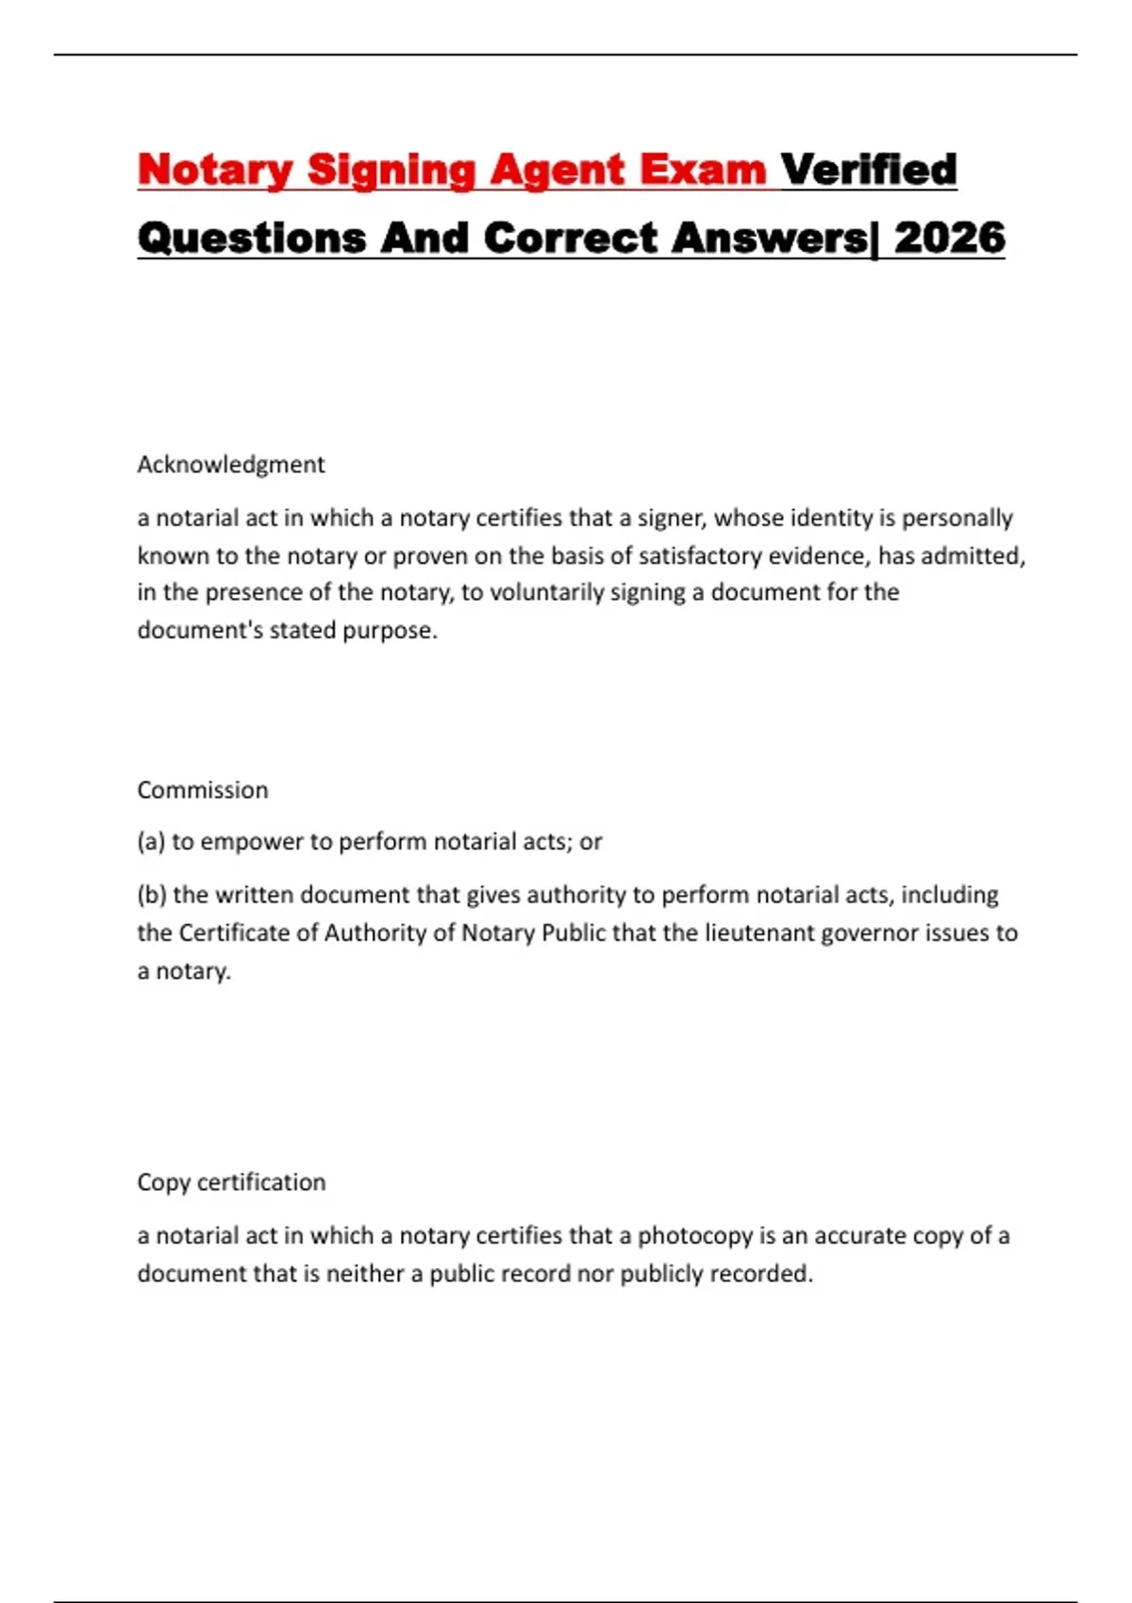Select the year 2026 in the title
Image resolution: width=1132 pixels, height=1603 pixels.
pyautogui.click(x=950, y=239)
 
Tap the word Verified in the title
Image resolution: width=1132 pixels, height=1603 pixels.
pyautogui.click(x=869, y=171)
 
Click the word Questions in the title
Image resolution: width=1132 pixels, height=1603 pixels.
pyautogui.click(x=252, y=239)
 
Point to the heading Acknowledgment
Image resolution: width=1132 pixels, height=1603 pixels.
pyautogui.click(x=231, y=464)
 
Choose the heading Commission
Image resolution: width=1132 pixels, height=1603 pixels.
pyautogui.click(x=203, y=789)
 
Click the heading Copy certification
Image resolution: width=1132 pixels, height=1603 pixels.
pyautogui.click(x=231, y=1182)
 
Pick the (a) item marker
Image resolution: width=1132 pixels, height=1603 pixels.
pyautogui.click(x=151, y=841)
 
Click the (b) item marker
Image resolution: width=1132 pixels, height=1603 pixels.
pyautogui.click(x=152, y=894)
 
